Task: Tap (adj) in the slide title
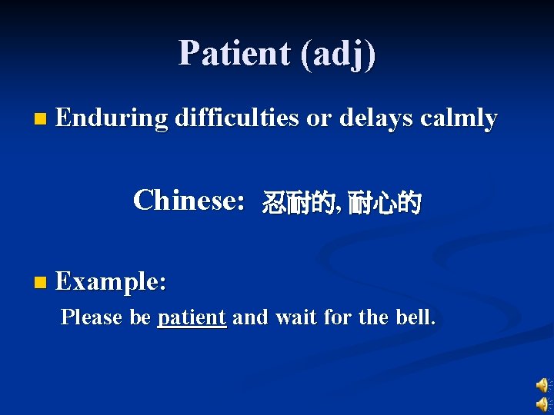pos(339,55)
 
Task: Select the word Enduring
pos(112,119)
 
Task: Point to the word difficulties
pos(236,119)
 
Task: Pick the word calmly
pos(459,119)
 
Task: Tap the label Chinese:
pos(189,201)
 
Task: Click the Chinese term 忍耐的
pos(298,204)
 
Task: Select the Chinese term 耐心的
pos(384,204)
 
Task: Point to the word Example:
pos(111,282)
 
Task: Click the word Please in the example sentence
pos(93,317)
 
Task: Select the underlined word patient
pos(192,317)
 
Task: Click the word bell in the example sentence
pos(416,317)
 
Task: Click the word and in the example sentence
pos(249,317)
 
